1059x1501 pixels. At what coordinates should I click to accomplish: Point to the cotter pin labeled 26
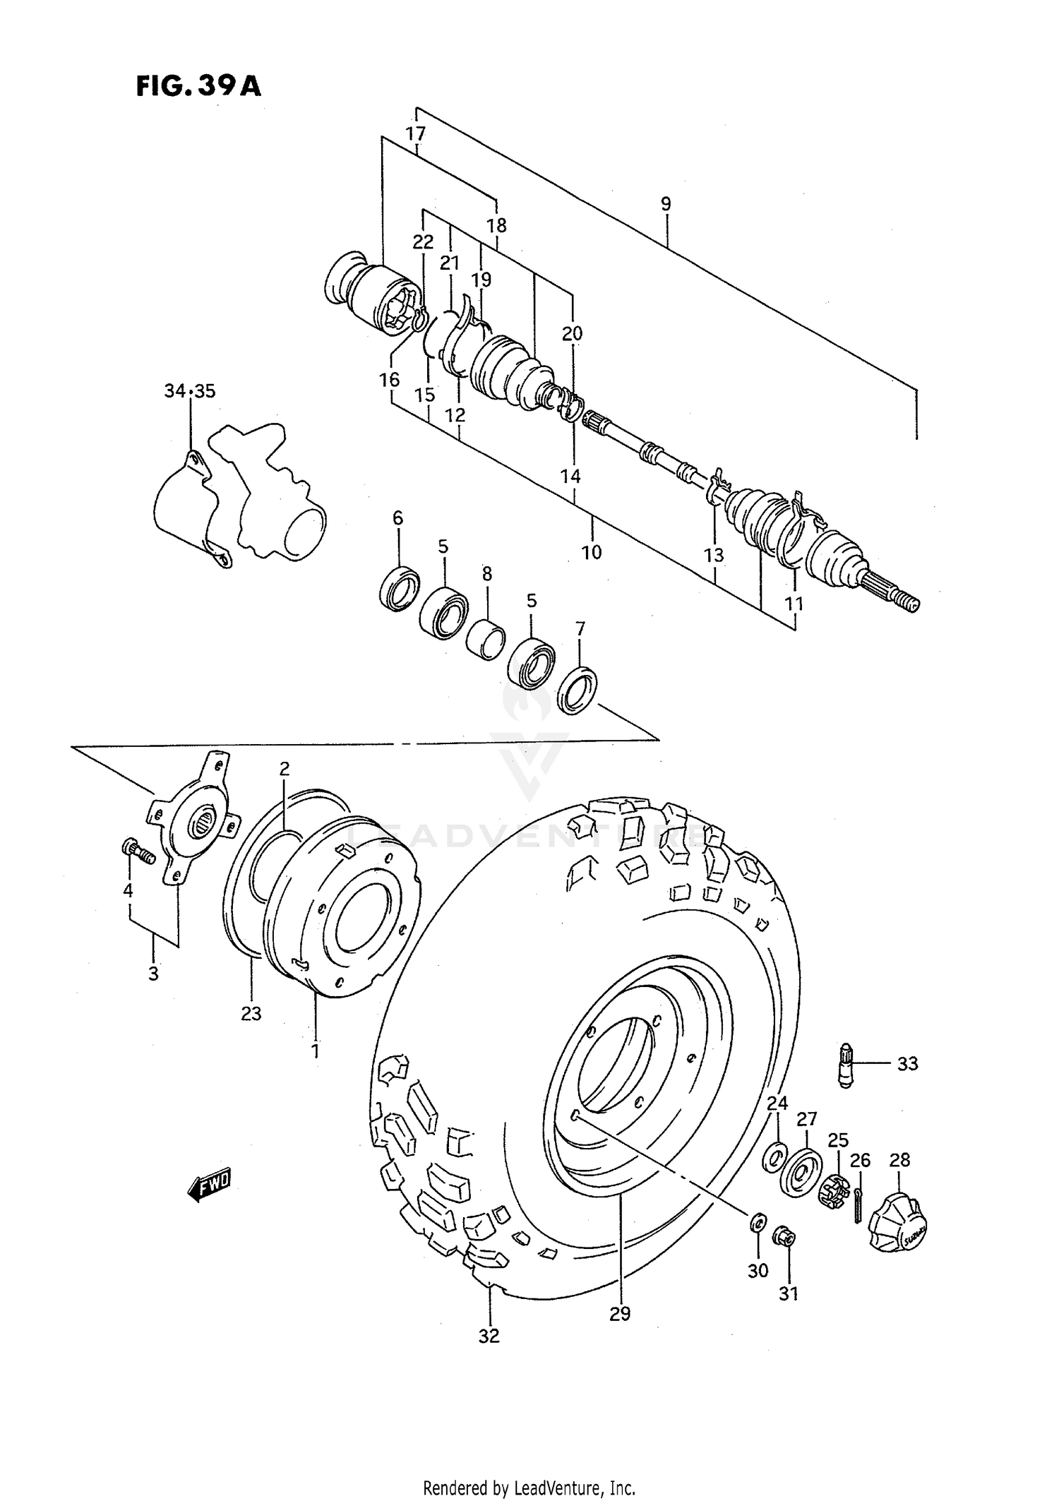coord(858,1204)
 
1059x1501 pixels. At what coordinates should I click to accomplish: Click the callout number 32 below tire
coord(489,1335)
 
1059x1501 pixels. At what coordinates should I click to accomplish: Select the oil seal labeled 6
coord(399,587)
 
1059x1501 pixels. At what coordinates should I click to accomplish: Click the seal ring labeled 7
coord(578,690)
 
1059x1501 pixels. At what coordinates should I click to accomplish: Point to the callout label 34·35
coord(190,391)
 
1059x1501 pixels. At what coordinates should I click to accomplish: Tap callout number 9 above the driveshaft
coord(666,205)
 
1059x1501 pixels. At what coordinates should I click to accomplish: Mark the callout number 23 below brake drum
coord(251,1014)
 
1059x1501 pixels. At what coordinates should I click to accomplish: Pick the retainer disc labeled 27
coord(800,1176)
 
